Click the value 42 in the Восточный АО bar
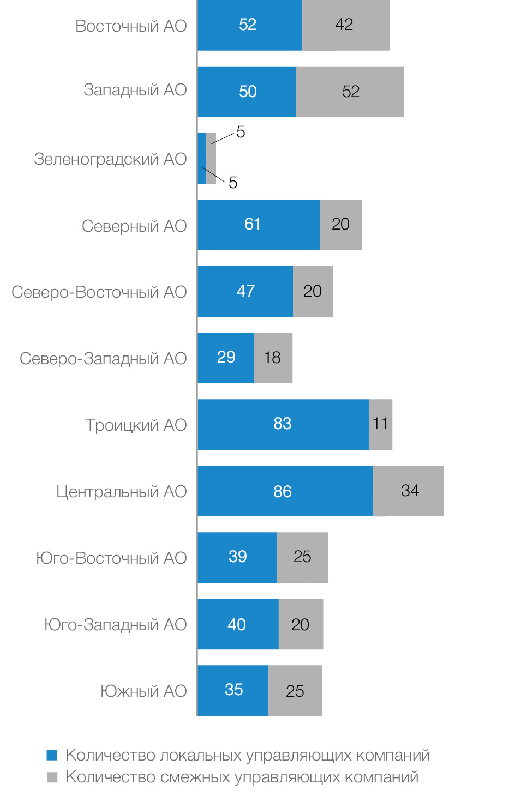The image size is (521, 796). (x=344, y=25)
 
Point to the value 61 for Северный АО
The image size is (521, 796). (x=253, y=224)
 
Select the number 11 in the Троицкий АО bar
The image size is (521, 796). (x=380, y=424)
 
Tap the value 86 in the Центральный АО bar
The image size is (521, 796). (x=283, y=491)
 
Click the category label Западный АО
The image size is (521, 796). (x=135, y=89)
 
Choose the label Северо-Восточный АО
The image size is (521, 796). (x=99, y=292)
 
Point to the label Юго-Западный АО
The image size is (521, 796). (x=115, y=624)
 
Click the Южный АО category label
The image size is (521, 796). (x=143, y=691)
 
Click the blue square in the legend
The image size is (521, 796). (x=52, y=755)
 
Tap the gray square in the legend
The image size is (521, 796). (x=52, y=777)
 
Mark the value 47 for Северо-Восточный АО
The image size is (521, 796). (x=246, y=291)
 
